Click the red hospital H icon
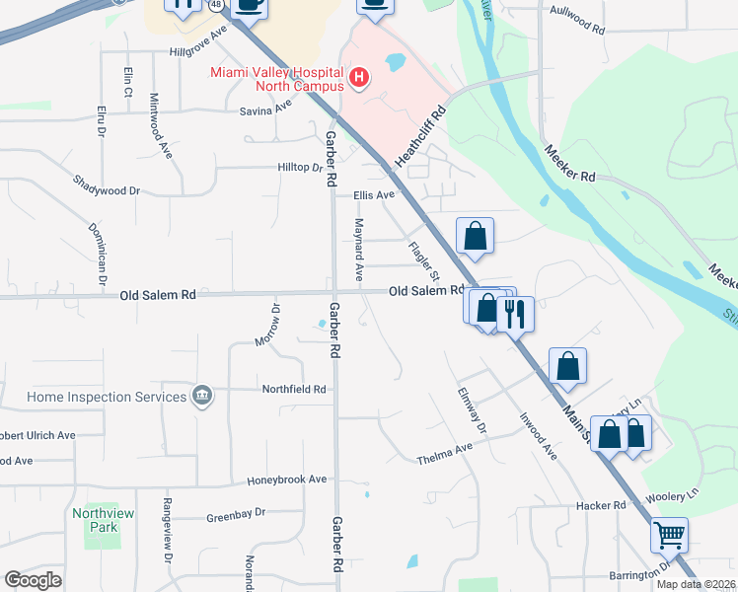click(x=359, y=77)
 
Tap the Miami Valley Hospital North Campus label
click(x=276, y=79)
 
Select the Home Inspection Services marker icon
click(x=202, y=397)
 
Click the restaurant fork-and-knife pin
click(x=514, y=313)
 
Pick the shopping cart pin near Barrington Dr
click(x=669, y=535)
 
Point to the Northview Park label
click(x=95, y=520)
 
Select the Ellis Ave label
click(x=374, y=195)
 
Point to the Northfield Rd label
click(x=293, y=390)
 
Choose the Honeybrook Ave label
click(x=287, y=480)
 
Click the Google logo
click(x=33, y=580)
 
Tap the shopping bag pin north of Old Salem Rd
click(x=475, y=236)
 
